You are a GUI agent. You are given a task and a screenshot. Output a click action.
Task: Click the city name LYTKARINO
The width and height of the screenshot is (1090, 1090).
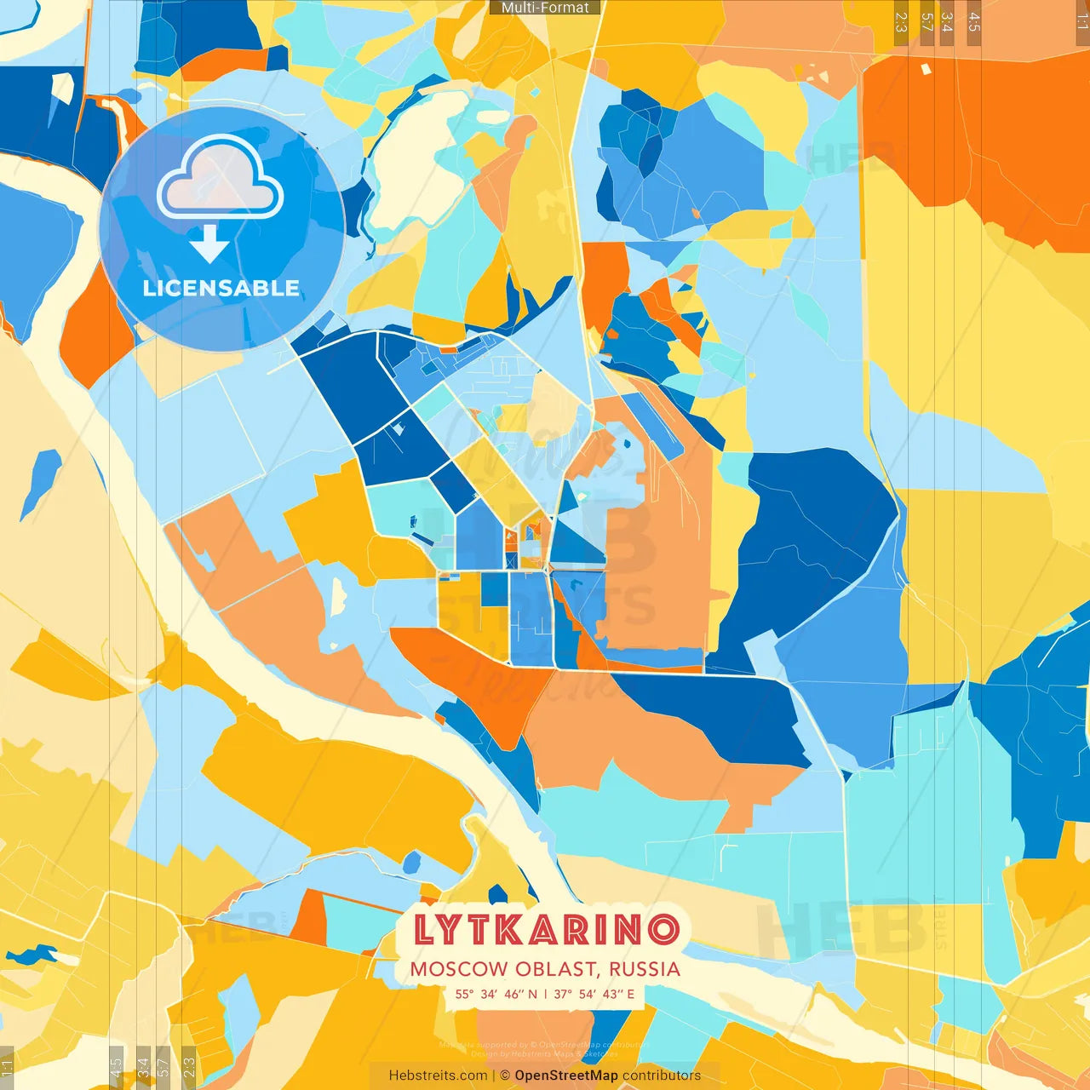(x=546, y=929)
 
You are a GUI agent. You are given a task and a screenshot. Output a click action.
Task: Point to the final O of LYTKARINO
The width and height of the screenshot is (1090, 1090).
(x=664, y=929)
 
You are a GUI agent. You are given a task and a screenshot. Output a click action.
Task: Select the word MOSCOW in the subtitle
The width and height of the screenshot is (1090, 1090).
(x=458, y=969)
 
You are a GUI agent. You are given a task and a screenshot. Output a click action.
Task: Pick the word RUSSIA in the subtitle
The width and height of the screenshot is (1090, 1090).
(x=645, y=969)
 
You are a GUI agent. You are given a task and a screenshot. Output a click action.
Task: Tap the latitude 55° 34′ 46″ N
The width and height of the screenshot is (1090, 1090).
(x=496, y=994)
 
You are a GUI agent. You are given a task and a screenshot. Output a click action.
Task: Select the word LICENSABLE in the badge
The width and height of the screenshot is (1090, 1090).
(x=221, y=289)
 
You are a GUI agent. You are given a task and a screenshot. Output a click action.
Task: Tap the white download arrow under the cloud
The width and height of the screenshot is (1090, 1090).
(x=209, y=244)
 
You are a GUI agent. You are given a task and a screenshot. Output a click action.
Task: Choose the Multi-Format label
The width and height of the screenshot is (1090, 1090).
(x=545, y=8)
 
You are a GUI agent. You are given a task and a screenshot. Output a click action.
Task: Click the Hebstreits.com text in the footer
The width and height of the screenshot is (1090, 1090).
(x=438, y=1076)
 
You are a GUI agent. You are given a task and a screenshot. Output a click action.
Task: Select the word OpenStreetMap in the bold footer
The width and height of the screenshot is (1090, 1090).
(x=566, y=1076)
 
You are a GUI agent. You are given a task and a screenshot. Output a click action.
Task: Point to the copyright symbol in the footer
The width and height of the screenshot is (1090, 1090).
(x=505, y=1076)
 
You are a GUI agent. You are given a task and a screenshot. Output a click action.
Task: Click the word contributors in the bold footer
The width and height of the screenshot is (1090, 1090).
(x=662, y=1076)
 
